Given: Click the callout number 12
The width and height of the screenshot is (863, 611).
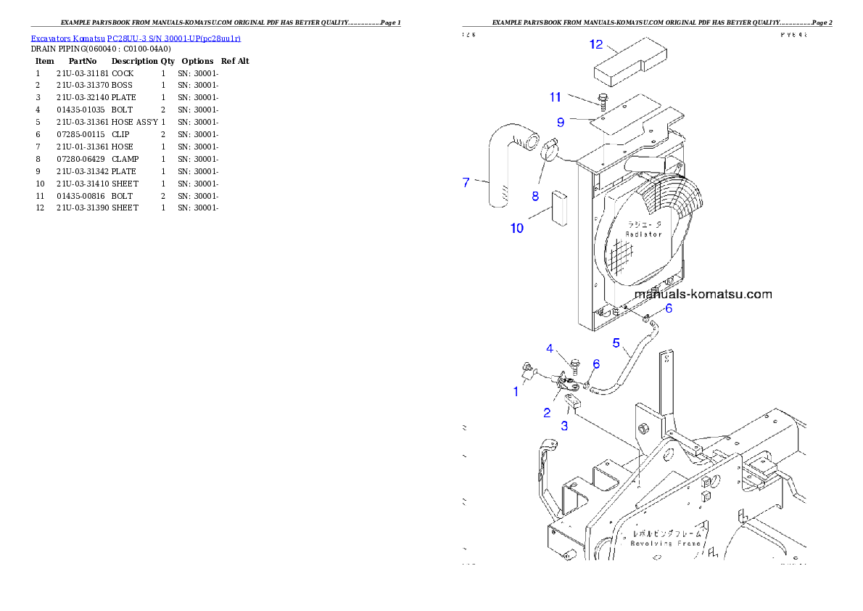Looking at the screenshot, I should (x=595, y=45).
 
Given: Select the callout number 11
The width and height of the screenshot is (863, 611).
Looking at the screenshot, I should (x=556, y=97).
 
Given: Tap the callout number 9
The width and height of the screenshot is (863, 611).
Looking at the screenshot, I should (x=561, y=123).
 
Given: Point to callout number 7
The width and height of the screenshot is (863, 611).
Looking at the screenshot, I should (x=466, y=182).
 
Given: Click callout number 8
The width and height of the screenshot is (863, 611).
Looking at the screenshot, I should (x=535, y=195).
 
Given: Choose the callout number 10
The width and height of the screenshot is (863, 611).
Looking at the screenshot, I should (x=516, y=228).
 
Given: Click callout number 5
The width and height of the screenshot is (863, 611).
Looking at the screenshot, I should (x=616, y=343).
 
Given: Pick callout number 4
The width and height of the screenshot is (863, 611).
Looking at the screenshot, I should (x=550, y=349).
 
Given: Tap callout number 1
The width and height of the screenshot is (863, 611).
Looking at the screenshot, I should (x=516, y=392).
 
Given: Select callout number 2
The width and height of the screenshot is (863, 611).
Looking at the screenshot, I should (x=548, y=413).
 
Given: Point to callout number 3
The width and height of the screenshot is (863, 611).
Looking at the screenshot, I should (x=564, y=426).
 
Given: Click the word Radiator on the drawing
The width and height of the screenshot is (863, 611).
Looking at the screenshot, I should (x=643, y=234).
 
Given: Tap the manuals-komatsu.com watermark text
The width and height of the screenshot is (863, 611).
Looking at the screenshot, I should (x=703, y=294).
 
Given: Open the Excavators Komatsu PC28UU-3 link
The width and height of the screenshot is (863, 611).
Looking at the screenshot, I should (x=136, y=38).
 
